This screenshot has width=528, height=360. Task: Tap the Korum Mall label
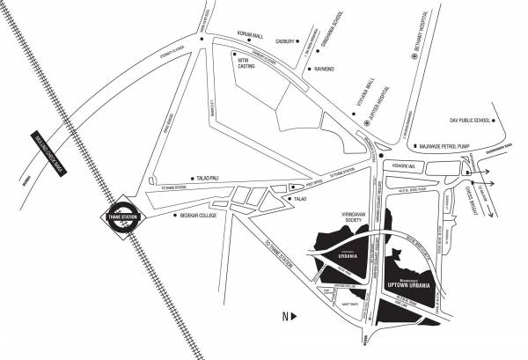click(251, 35)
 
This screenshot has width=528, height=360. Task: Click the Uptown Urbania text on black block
click(407, 286)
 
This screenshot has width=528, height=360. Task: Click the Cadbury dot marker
click(298, 40)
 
